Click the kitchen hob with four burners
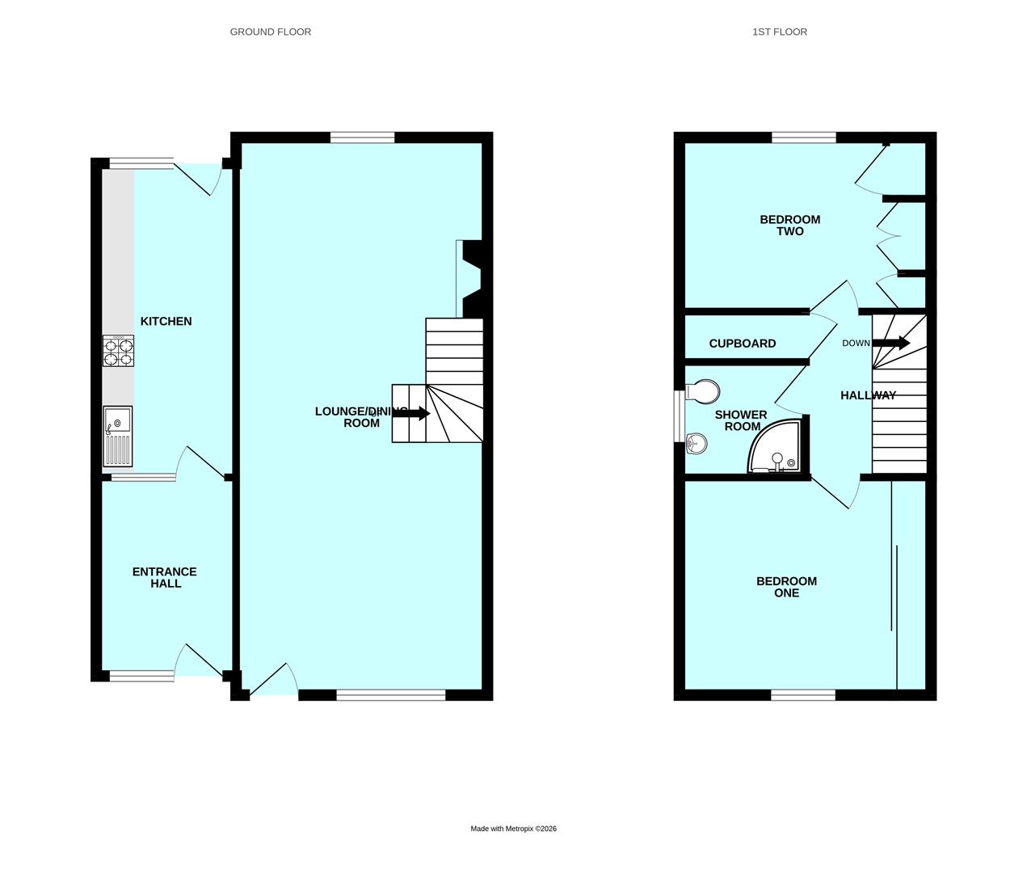(118, 352)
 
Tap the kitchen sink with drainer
(117, 436)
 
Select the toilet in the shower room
(702, 391)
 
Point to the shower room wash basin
(696, 442)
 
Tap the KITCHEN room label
(166, 321)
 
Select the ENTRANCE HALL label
(165, 577)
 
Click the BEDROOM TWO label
(789, 225)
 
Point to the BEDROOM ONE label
(786, 587)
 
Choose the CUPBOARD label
(742, 344)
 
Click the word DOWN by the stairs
(856, 343)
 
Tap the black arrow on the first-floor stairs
(891, 343)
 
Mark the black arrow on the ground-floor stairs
(411, 414)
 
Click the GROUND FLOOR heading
(270, 32)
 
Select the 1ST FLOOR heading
(779, 32)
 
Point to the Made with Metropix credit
(513, 829)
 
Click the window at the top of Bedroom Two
(803, 137)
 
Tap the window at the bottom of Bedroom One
(802, 694)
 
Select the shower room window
(679, 416)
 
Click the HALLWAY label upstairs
(868, 395)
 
